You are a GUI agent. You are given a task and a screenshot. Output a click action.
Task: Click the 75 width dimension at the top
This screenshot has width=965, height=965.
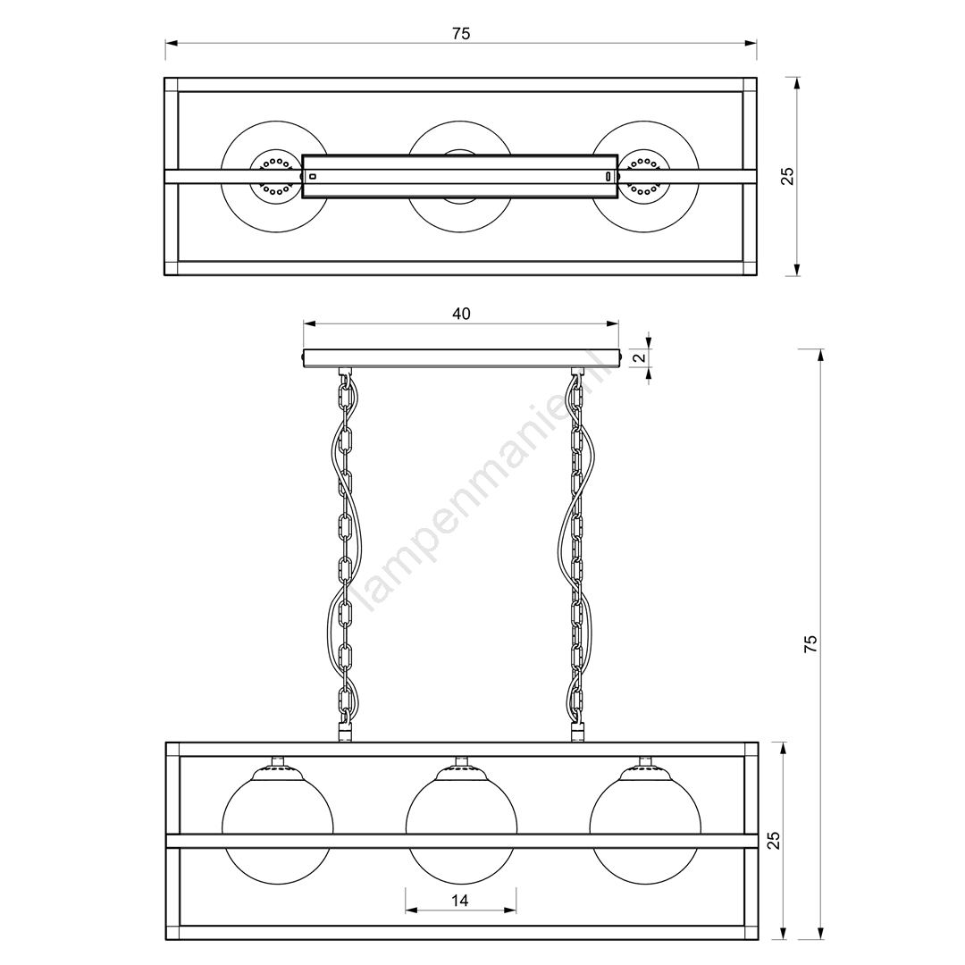click(x=461, y=34)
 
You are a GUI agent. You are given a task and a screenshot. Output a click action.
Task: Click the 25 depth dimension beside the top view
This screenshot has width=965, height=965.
click(x=787, y=176)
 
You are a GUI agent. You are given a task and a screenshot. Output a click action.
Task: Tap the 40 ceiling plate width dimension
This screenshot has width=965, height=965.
click(x=461, y=314)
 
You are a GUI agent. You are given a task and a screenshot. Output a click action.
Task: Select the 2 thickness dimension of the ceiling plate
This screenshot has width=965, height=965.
click(x=640, y=357)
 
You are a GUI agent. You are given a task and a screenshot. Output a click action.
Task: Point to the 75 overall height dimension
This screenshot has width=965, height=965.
click(x=810, y=643)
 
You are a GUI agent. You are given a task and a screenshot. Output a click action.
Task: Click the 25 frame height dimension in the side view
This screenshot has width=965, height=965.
click(x=773, y=840)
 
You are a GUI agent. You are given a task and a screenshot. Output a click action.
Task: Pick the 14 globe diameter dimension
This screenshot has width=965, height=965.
click(x=460, y=901)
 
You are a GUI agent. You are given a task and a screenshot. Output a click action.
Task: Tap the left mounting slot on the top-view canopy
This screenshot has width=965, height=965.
click(x=313, y=177)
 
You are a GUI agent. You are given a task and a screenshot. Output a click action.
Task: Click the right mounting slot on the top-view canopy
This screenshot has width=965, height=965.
click(x=608, y=177)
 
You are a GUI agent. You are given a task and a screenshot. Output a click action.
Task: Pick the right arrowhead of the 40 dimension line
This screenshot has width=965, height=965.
click(x=613, y=323)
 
